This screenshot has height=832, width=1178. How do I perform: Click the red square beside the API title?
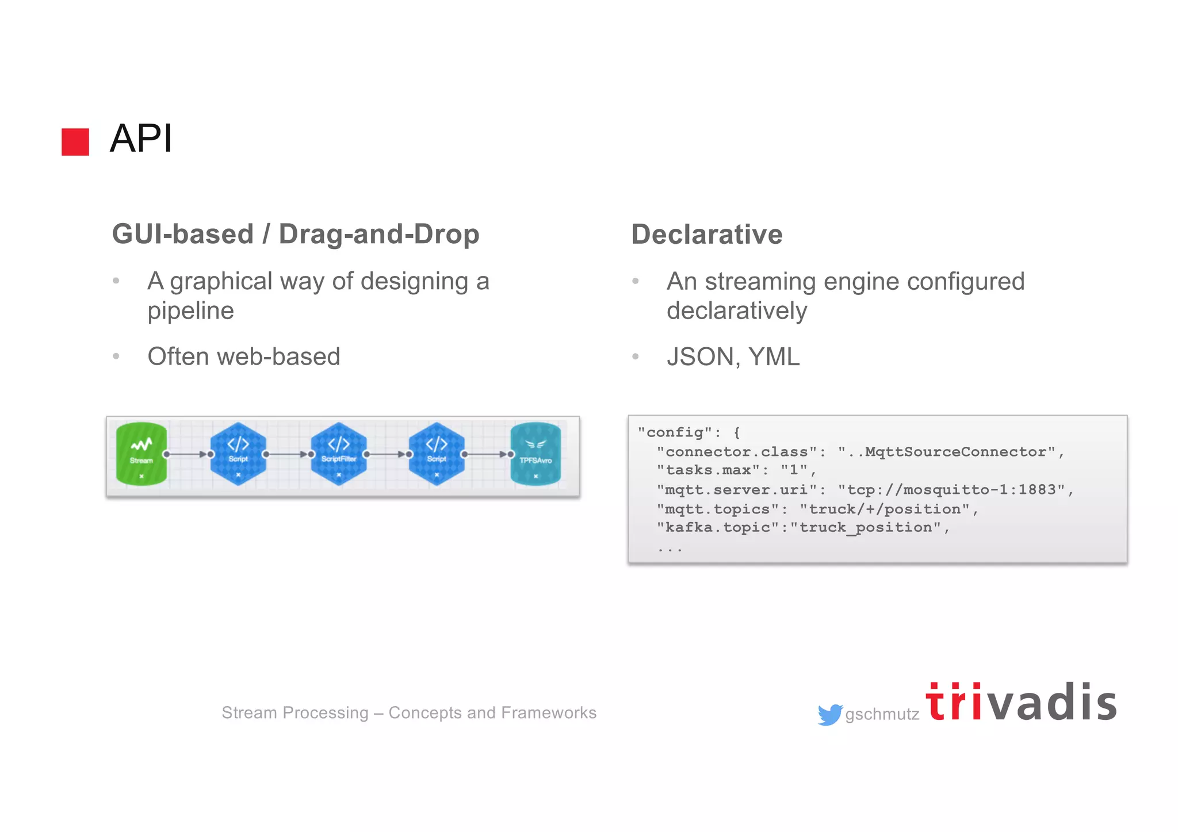[75, 141]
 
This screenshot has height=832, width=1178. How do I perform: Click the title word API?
[141, 139]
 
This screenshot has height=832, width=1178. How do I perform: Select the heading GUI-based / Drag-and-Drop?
[296, 234]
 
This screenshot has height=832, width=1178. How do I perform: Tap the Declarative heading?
[706, 235]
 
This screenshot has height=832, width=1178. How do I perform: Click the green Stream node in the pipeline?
[141, 454]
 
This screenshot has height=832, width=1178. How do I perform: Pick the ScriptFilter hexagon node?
[339, 454]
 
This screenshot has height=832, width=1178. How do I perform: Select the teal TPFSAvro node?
[536, 454]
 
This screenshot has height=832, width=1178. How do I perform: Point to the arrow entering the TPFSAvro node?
[488, 454]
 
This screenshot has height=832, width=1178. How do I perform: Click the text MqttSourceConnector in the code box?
[955, 452]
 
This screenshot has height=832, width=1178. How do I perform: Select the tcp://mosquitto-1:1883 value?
[951, 490]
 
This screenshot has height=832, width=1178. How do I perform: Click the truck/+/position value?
[885, 509]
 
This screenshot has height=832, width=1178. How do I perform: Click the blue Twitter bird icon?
[829, 714]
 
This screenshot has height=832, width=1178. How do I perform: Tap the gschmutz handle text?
[882, 714]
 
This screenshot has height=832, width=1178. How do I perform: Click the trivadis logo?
[1021, 703]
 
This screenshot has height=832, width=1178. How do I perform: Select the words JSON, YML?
[733, 356]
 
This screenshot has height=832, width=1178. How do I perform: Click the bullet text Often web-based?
[244, 356]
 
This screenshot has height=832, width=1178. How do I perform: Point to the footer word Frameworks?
[548, 713]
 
